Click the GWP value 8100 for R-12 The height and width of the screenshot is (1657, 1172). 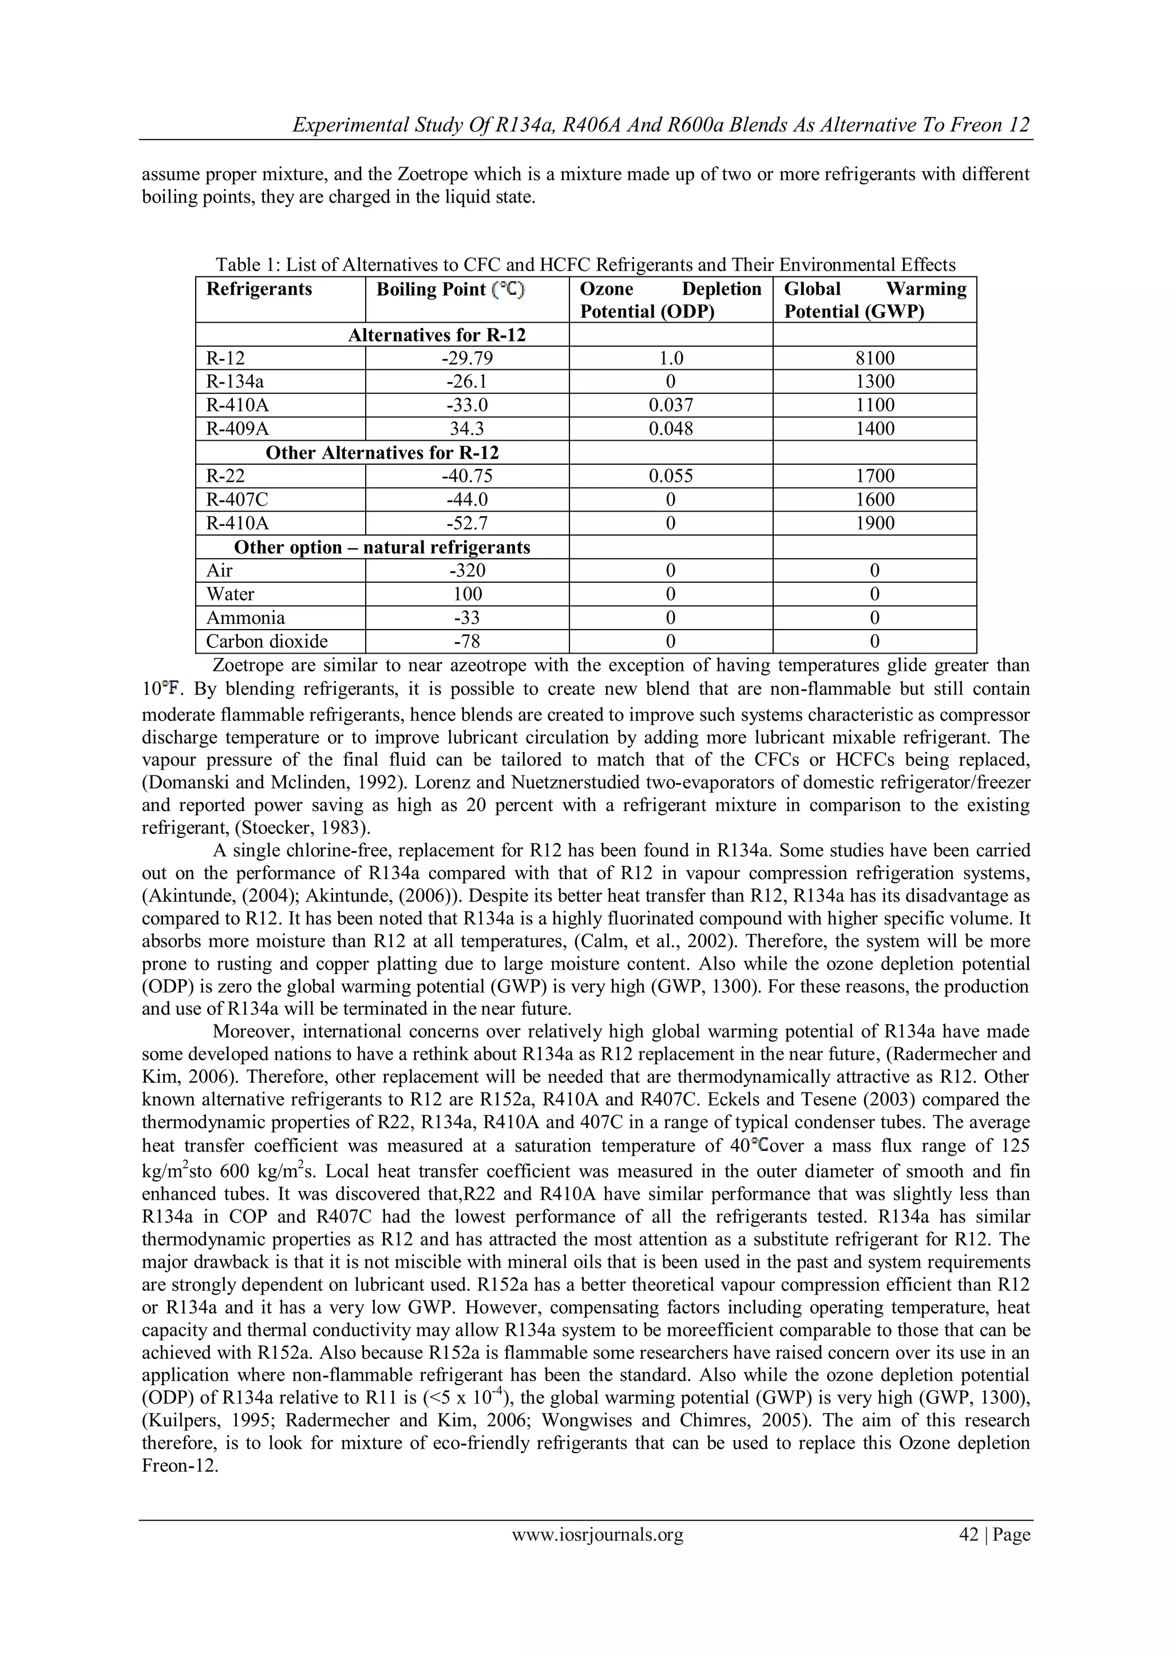click(874, 359)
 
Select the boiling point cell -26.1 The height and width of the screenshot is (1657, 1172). click(467, 382)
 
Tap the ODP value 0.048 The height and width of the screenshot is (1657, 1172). click(671, 429)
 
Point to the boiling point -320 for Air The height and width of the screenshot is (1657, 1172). click(467, 571)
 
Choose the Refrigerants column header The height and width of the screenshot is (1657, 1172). click(259, 290)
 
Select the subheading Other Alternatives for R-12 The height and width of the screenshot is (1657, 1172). click(382, 453)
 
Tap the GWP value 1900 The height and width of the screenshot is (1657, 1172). click(874, 523)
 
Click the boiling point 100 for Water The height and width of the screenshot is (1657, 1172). click(467, 595)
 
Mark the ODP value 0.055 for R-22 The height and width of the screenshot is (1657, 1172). click(671, 476)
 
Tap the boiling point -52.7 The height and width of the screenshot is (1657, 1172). click(467, 523)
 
